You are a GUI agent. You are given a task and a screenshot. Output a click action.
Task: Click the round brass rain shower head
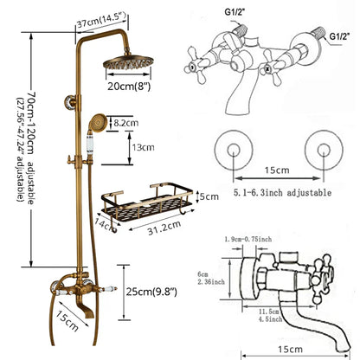pyautogui.click(x=126, y=65)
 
